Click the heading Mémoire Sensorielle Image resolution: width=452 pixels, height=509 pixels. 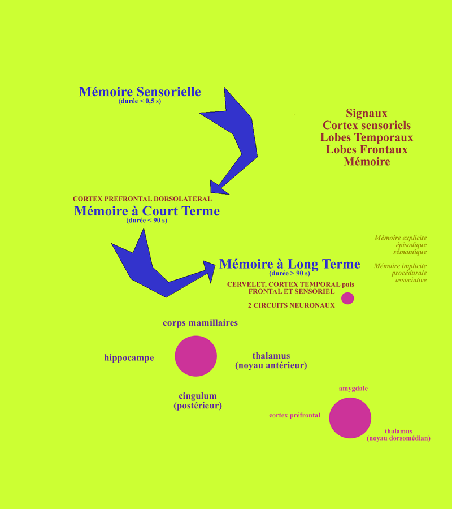140,92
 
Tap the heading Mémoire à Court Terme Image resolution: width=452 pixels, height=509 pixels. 146,212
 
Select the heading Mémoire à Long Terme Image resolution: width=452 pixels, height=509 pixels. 289,264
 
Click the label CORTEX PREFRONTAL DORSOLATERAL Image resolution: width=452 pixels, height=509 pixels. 142,199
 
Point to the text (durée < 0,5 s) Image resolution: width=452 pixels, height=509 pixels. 140,101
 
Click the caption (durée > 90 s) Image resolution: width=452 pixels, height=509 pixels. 289,274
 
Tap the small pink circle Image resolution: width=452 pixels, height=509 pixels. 347,298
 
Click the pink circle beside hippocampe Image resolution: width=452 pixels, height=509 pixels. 196,356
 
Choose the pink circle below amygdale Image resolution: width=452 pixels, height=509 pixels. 350,418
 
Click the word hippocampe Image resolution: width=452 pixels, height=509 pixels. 129,358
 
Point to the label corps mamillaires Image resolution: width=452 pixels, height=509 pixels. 200,323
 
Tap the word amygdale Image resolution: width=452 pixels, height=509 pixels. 353,389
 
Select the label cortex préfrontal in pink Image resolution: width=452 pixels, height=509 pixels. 294,415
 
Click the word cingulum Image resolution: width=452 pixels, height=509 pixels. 197,396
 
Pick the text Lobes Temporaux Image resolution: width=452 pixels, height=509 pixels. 367,137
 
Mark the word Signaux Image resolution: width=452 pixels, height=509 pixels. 367,113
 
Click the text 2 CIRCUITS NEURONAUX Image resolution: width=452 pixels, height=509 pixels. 291,305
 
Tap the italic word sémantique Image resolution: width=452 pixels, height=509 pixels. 410,252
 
